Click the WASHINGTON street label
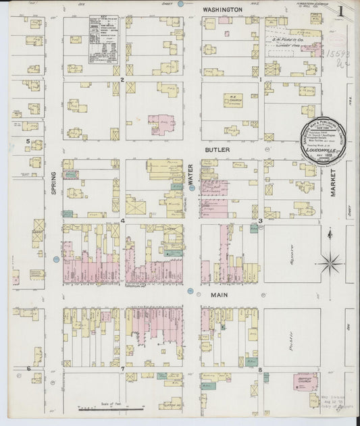point(222,10)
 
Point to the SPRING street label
point(54,183)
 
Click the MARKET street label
point(333,183)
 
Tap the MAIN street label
point(218,295)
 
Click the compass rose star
point(330,262)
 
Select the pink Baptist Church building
point(306,382)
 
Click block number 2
point(122,80)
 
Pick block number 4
point(122,220)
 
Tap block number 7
point(122,369)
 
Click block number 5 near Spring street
point(28,141)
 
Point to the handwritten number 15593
point(337,54)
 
